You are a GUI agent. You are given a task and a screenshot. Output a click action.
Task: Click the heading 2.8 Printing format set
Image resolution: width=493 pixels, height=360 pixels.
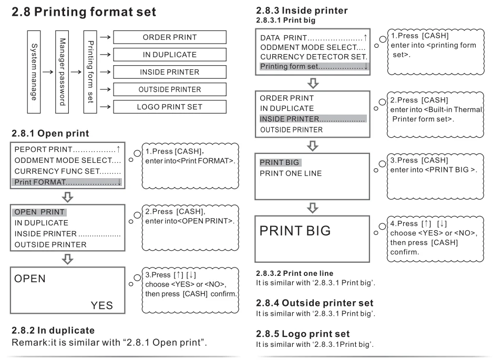pyautogui.click(x=84, y=13)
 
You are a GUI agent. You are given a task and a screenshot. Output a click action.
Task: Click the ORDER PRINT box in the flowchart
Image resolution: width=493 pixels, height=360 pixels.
pyautogui.click(x=170, y=37)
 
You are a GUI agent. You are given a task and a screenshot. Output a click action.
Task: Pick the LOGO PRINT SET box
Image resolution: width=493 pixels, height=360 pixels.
pyautogui.click(x=170, y=107)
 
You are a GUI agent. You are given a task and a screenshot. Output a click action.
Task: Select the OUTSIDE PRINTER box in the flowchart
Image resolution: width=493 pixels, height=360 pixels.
pyautogui.click(x=170, y=90)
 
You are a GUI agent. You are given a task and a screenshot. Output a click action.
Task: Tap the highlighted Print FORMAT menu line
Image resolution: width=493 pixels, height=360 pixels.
pyautogui.click(x=68, y=182)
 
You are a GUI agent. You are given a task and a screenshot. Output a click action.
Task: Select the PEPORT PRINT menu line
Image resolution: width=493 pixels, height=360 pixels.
pyautogui.click(x=68, y=151)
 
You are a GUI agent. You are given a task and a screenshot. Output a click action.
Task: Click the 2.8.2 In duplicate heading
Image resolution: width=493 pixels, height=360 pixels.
pyautogui.click(x=53, y=331)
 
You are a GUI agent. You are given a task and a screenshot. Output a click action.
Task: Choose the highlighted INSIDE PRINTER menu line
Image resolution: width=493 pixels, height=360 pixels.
pyautogui.click(x=313, y=119)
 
